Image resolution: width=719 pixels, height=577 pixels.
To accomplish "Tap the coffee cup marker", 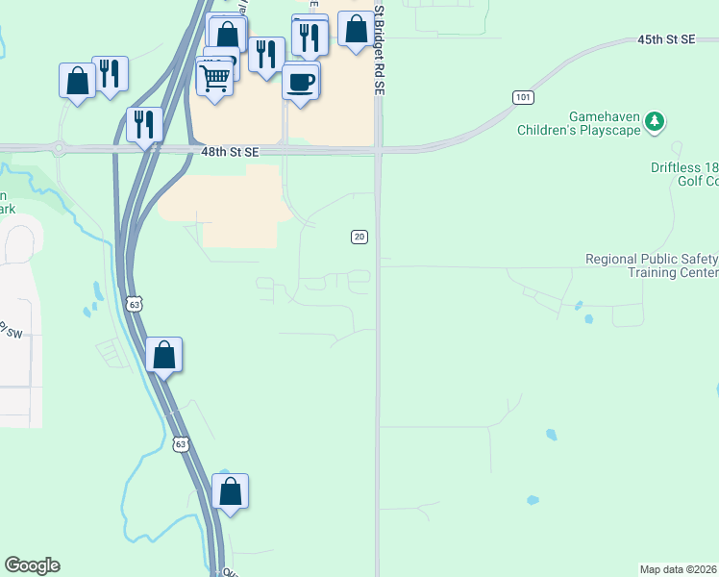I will tap(301, 82).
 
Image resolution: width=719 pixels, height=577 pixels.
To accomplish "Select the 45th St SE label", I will tap(665, 38).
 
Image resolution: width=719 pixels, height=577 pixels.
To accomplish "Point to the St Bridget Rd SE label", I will tap(380, 48).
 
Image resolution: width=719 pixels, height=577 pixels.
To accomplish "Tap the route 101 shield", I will tap(523, 98).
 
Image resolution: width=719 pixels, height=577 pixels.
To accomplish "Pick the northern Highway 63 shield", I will tap(135, 305).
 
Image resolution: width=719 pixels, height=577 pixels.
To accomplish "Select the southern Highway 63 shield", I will tap(182, 443).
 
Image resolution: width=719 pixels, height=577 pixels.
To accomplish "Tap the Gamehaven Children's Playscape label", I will tap(578, 122).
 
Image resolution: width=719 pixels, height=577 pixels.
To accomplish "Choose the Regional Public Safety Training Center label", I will tap(653, 265).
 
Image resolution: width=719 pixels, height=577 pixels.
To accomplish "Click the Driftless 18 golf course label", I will tap(683, 173).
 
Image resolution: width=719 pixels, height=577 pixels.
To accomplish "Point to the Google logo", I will tap(32, 565).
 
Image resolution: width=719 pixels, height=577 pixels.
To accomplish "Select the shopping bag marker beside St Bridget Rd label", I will tap(357, 31).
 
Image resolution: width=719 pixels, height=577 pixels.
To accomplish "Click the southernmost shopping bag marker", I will tap(231, 491).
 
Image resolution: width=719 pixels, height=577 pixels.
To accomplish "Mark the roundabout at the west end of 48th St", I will tap(59, 149).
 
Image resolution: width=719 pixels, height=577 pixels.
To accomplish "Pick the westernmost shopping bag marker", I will tap(78, 82).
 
